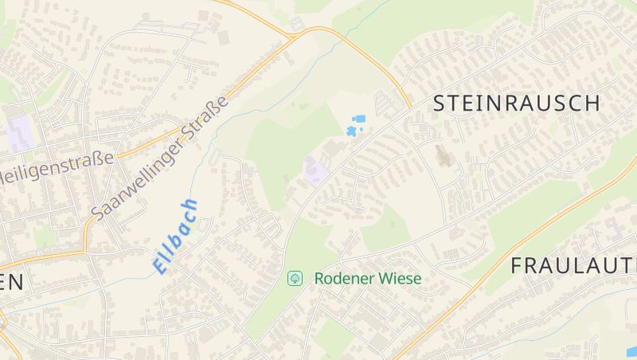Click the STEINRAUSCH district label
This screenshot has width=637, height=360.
[517, 103]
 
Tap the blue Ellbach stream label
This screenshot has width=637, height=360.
[174, 237]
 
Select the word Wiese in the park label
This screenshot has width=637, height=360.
[400, 279]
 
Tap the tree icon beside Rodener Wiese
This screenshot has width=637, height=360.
[295, 278]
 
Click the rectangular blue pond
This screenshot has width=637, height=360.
[359, 119]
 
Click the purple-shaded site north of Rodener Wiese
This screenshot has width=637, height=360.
[314, 169]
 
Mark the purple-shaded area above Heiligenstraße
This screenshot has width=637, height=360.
[21, 131]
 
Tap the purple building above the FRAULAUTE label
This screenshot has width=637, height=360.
[615, 230]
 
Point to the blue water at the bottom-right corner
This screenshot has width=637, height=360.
[632, 350]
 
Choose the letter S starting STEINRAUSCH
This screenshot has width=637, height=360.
[440, 103]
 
